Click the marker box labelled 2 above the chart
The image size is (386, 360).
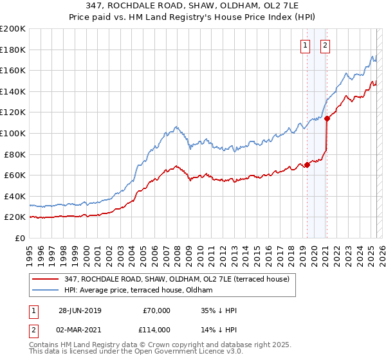point(326,45)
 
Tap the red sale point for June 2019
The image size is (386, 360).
point(307,165)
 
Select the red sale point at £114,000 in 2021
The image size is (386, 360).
point(326,118)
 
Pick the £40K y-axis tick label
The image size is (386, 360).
point(15,196)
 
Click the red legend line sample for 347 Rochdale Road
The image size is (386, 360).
point(46,279)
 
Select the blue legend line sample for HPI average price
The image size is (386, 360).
point(46,291)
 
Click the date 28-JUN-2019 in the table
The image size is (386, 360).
point(80,310)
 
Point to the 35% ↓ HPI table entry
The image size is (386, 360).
point(218,310)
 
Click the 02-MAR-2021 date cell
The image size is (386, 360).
point(80,330)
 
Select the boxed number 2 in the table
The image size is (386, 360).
point(33,330)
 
